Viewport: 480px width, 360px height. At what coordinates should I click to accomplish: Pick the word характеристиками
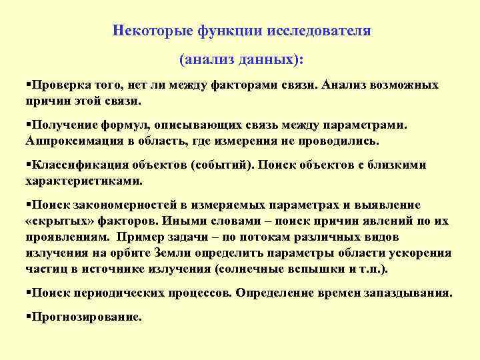pyautogui.click(x=84, y=180)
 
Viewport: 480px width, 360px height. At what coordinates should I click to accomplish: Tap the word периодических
pyautogui.click(x=119, y=293)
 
